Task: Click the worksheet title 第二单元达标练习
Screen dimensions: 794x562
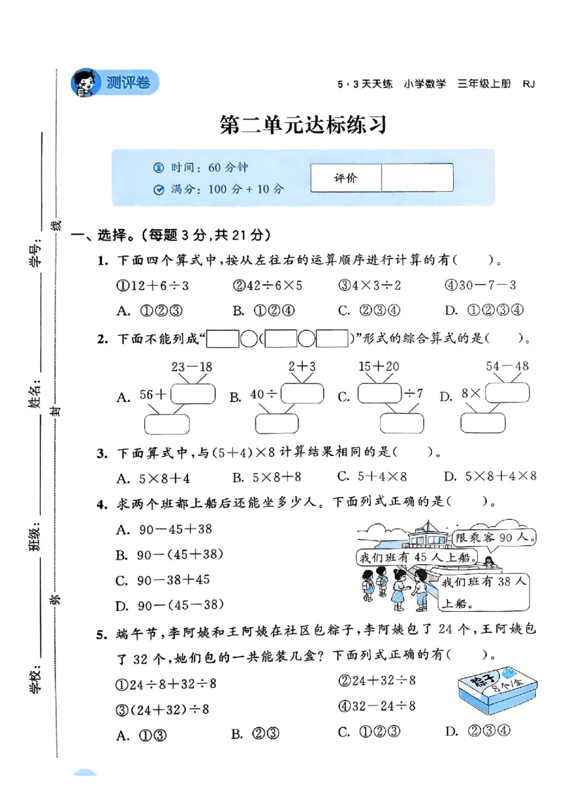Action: pyautogui.click(x=303, y=126)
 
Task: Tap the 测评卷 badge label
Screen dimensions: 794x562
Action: pyautogui.click(x=128, y=82)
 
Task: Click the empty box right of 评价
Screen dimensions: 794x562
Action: pyautogui.click(x=417, y=178)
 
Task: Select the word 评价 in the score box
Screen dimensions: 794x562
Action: pyautogui.click(x=346, y=178)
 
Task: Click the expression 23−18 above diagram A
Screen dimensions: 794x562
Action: pyautogui.click(x=191, y=367)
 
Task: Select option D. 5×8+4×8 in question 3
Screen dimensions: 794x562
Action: pyautogui.click(x=490, y=477)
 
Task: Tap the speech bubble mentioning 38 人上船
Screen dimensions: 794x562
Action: pyautogui.click(x=483, y=592)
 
